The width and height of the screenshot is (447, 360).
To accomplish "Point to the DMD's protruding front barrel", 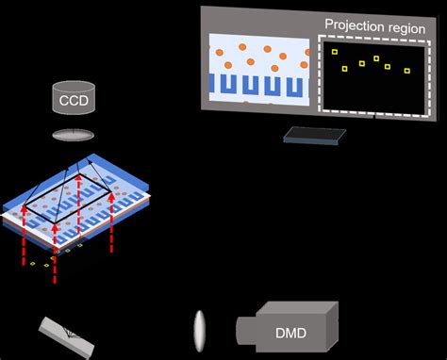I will point(246,329).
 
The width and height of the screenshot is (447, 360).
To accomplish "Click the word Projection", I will point(353,25).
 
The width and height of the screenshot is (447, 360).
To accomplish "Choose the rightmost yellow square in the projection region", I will point(406,71).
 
